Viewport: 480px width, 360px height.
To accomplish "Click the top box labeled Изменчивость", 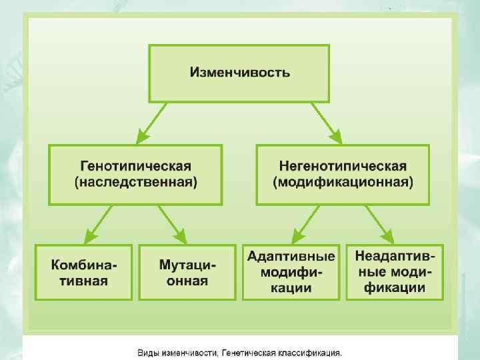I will click(x=239, y=72).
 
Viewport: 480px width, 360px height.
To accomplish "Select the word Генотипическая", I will click(x=136, y=166).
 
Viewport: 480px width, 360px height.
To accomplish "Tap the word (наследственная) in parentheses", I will click(x=136, y=181).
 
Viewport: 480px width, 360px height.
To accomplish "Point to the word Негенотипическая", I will click(x=343, y=166).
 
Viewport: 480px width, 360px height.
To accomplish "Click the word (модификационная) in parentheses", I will click(x=343, y=181).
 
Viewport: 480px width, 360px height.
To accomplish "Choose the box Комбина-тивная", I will click(x=84, y=272).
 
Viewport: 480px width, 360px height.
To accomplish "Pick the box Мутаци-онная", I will click(x=187, y=272).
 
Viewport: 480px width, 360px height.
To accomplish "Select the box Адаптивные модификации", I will click(x=291, y=272).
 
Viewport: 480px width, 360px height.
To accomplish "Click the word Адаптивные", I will click(x=291, y=257).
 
